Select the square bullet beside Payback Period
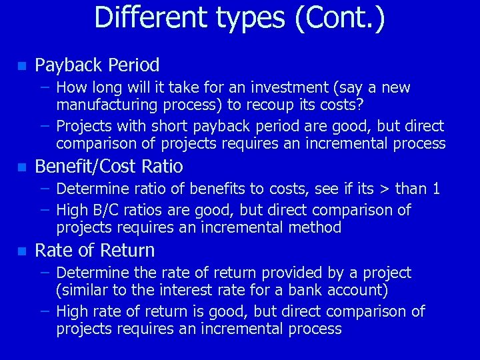21,66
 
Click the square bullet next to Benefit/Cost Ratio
21,167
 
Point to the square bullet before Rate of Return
21,251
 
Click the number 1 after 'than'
435,189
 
